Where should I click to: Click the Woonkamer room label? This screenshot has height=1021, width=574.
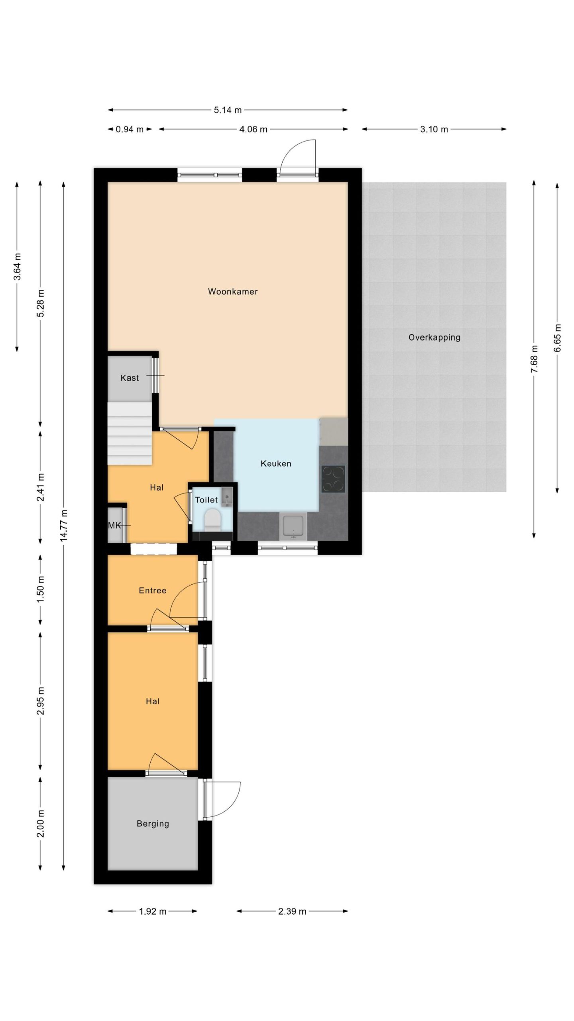[233, 292]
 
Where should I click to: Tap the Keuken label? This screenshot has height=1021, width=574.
[276, 463]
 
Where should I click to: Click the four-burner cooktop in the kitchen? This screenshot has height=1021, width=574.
[333, 479]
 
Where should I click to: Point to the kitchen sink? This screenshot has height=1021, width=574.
[293, 526]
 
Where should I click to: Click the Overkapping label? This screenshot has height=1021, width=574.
[434, 337]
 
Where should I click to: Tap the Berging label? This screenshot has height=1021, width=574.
[153, 824]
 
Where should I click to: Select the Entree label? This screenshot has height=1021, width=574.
[153, 590]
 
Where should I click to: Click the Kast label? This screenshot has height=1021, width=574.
[130, 378]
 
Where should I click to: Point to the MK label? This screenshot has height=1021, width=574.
[114, 526]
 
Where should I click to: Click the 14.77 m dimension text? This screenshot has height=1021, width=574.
[64, 525]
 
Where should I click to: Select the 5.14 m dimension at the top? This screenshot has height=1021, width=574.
[228, 110]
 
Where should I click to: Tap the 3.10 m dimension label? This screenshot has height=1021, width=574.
[434, 129]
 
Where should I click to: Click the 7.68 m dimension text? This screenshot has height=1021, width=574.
[535, 359]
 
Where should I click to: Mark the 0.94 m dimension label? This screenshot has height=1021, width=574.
[130, 129]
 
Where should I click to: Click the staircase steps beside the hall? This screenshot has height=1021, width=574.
[130, 434]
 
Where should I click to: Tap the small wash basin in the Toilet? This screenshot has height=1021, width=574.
[227, 497]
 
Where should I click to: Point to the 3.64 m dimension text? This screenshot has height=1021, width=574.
[18, 266]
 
